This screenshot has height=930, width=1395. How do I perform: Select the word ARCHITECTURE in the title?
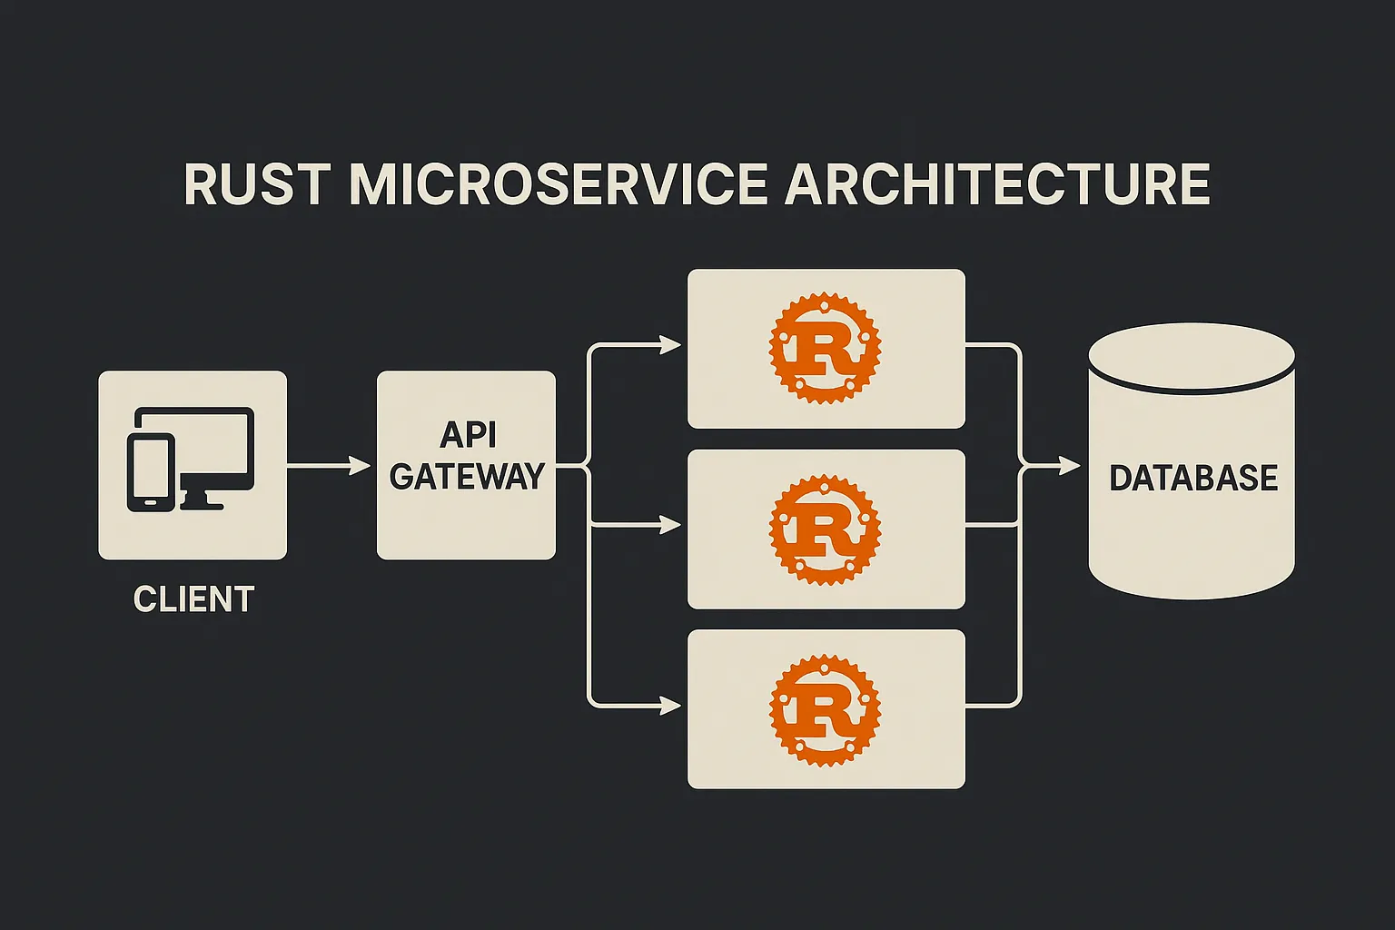(997, 184)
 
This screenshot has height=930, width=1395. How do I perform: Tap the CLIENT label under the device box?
(193, 599)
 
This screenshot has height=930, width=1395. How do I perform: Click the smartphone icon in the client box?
(151, 473)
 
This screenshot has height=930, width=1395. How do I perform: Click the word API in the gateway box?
(468, 435)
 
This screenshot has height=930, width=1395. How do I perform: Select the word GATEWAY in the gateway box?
(467, 477)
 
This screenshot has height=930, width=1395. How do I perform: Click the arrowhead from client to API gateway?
(360, 465)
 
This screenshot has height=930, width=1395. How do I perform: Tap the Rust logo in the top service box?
(826, 348)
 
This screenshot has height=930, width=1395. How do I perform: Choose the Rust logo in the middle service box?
(826, 529)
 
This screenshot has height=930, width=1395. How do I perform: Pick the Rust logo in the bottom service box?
(826, 709)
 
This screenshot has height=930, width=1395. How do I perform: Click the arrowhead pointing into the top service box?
(670, 344)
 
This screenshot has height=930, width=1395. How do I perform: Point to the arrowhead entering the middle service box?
(670, 526)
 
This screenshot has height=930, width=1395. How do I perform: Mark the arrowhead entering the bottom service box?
(670, 706)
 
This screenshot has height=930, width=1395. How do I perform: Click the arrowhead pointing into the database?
(1069, 465)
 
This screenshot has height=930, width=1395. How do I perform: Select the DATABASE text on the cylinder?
(1194, 479)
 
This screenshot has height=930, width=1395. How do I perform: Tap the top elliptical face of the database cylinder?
(1192, 356)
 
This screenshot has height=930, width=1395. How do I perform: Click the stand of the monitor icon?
(202, 500)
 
